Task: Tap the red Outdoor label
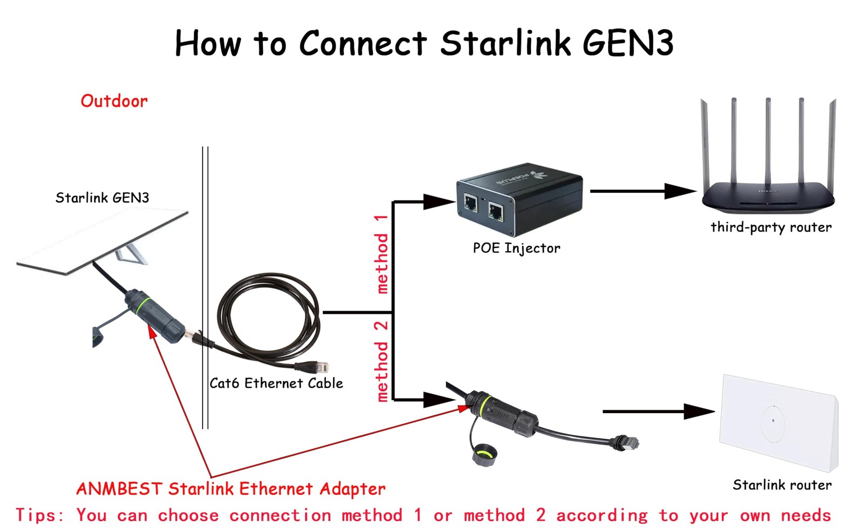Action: [114, 101]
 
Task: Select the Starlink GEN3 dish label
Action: [102, 198]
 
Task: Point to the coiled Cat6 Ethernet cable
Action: [268, 319]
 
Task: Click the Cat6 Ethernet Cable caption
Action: [276, 383]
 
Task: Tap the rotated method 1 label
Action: [382, 254]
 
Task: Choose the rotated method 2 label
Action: [382, 361]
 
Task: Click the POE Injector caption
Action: [516, 248]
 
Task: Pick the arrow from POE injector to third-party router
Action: [643, 191]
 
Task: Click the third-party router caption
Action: [771, 227]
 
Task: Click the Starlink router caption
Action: [781, 485]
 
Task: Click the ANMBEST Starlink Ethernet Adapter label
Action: [231, 489]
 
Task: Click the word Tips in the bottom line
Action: [39, 515]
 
